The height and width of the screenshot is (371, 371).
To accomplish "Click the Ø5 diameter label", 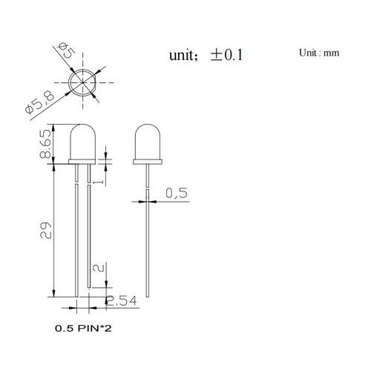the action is coord(66,50).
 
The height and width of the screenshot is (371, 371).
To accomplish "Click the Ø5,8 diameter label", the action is coord(40,102).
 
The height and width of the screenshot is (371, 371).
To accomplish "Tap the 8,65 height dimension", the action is coord(45,144).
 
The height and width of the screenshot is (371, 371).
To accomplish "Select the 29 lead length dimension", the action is coord(46,230).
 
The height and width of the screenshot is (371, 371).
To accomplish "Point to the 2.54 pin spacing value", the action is coord(122,301).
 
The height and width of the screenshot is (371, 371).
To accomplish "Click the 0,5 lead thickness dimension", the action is coord(177,193).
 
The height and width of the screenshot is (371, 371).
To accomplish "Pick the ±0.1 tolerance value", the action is coord(226,55).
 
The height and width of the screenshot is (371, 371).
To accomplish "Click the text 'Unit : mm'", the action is coord(319,53).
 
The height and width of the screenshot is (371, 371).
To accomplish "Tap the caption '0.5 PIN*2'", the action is coord(83,329).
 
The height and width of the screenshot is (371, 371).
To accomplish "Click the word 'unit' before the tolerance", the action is coord(181,55).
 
